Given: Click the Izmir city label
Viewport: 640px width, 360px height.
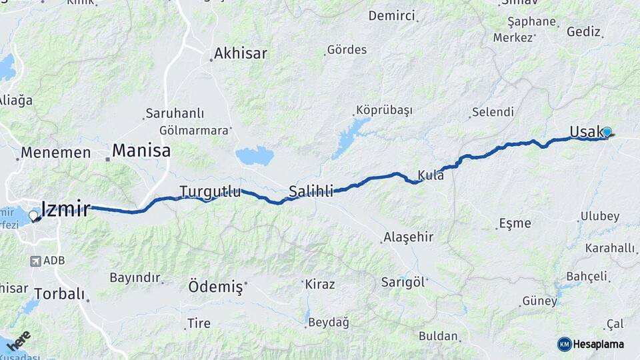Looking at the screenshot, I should pos(65,209).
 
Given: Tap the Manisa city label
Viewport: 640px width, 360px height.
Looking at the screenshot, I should pos(141,150).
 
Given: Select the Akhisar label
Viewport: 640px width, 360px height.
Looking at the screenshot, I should pos(241,53).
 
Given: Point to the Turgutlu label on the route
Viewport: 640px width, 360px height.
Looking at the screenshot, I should pos(210,192).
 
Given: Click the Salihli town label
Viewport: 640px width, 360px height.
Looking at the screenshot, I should pos(311,192).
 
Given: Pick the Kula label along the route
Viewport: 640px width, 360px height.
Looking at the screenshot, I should pos(431,175).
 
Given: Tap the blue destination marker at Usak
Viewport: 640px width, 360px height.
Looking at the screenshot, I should pos(607,132).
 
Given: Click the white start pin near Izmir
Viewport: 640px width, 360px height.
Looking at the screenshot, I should pos(33,216).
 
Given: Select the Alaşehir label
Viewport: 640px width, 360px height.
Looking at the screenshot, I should pos(408,237).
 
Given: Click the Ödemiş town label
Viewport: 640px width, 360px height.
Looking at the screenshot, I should pos(215,287).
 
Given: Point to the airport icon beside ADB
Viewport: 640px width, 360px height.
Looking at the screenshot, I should pos(35,261).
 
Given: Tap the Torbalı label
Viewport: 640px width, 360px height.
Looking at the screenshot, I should pos(59,293).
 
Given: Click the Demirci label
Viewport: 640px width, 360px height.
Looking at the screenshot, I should pos(391,15).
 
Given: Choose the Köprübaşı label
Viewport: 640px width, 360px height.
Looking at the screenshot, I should pos(384,110).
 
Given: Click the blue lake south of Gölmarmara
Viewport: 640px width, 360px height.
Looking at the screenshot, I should pos(255,156).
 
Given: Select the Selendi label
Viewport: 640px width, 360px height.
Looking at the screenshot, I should pos(493,112).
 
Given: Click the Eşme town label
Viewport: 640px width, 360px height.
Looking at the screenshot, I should pos(515,223).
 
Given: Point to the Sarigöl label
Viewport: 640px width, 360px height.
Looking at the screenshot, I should pos(403,281).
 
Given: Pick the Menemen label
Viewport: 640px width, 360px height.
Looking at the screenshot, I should pos(55,153).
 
